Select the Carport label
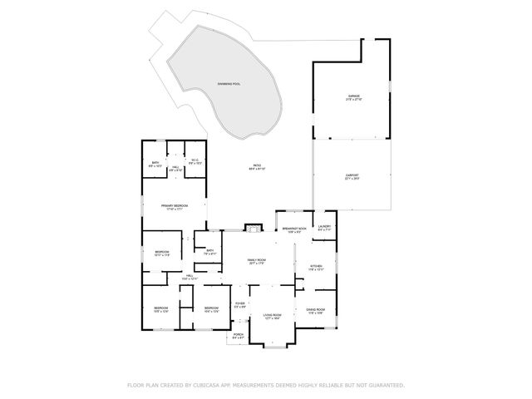point(352,176)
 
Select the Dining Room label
point(316,311)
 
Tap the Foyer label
point(239,305)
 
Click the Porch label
point(239,337)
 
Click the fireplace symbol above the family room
point(253,227)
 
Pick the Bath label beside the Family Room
point(210,253)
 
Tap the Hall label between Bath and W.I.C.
point(175,168)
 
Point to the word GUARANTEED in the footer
point(384,385)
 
